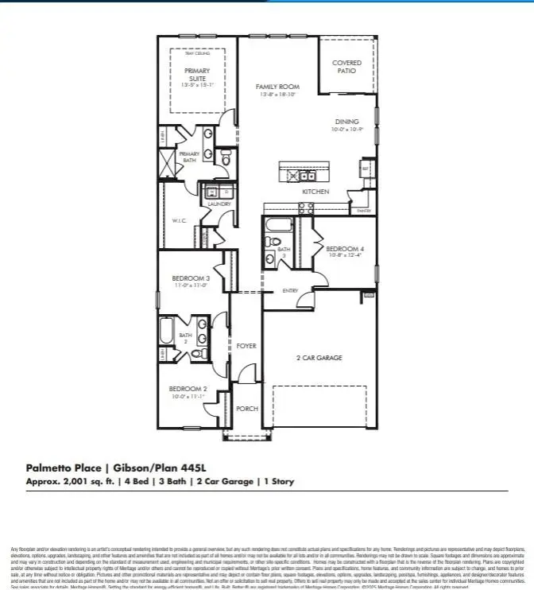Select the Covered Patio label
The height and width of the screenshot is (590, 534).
pos(346,67)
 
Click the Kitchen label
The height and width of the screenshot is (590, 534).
pos(315,192)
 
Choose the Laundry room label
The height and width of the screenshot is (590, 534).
pos(219,204)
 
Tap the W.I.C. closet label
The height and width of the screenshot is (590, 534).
pos(179,221)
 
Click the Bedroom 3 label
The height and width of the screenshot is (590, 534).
pos(191,278)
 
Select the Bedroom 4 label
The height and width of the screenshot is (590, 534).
pos(345,249)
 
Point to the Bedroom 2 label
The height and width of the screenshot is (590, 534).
pos(188,390)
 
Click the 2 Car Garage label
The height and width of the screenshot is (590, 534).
pos(319,358)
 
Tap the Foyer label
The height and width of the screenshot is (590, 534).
pos(246,346)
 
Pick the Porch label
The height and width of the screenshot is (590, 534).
pos(247,408)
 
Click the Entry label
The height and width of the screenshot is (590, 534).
pos(290,291)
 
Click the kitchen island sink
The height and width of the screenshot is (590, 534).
pos(304,176)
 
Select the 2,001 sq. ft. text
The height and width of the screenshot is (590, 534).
pos(86,482)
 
